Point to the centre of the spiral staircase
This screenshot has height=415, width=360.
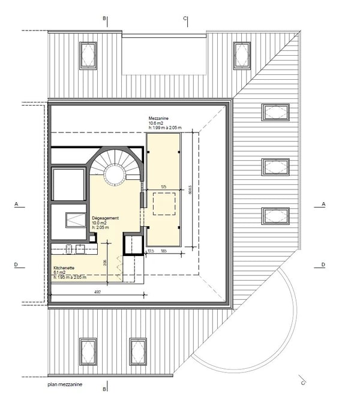point(115,173)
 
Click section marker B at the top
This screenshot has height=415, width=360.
point(104,19)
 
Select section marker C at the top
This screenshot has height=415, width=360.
point(185,19)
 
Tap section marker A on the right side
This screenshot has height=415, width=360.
point(323,205)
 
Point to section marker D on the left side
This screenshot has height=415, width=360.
point(16,264)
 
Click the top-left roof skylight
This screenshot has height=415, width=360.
point(88,56)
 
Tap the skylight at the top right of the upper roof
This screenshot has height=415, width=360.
point(242,56)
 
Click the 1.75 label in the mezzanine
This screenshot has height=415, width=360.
point(163,188)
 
